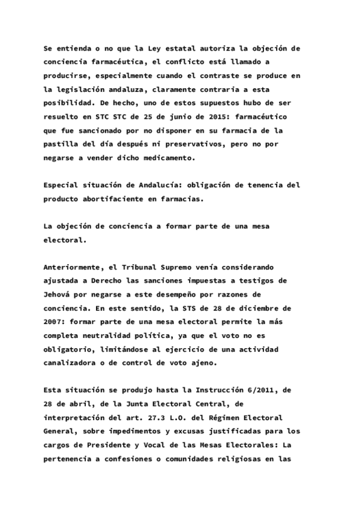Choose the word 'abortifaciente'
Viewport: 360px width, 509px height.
pyautogui.click(x=118, y=199)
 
